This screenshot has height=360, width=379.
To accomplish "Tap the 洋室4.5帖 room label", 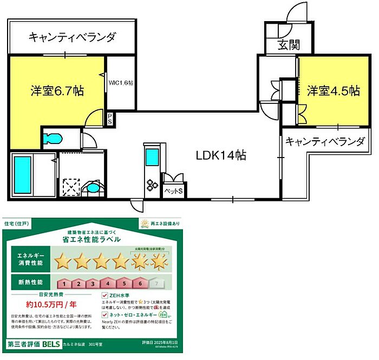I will pos(334,90).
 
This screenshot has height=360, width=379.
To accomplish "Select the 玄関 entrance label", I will pos(289,45).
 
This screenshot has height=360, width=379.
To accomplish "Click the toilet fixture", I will pos(54,138).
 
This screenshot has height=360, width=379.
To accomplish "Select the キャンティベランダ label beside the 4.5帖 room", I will pos(325,142).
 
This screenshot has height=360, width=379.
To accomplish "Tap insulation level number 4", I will pos(109,283).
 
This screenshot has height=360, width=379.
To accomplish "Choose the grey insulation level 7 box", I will pos(157,283).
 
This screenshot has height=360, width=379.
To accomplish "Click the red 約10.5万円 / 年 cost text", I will pos(50,304).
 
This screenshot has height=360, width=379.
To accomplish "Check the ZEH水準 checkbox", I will pos(105,296).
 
